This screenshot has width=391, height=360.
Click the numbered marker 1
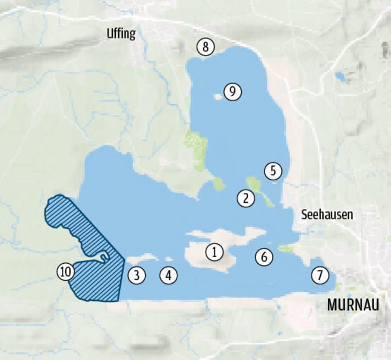[x=215, y=252]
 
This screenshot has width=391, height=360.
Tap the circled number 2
[x=246, y=198]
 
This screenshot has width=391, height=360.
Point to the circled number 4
[x=169, y=275]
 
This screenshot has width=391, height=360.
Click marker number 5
[x=273, y=171]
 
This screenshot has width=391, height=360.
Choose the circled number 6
[x=264, y=256]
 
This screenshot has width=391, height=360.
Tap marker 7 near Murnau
[x=320, y=275]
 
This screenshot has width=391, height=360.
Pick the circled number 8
[x=205, y=47]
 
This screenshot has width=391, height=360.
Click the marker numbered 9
[x=233, y=91]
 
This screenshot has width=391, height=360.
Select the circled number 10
[x=65, y=272]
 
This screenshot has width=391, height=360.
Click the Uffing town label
[x=121, y=34]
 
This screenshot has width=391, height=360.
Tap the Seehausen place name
[x=327, y=215]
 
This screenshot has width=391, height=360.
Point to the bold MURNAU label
[x=353, y=304]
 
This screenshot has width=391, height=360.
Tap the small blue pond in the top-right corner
[x=341, y=77]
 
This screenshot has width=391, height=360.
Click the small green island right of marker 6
[x=285, y=249]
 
